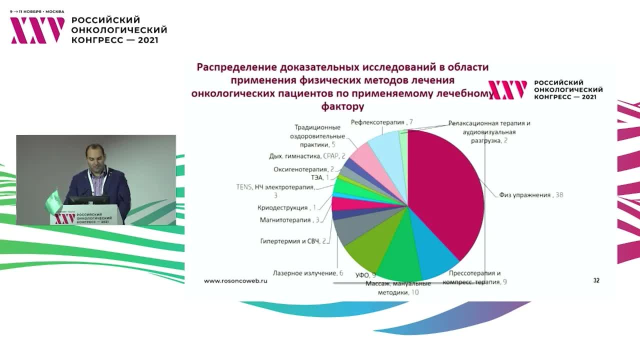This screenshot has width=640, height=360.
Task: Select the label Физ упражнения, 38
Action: [x=530, y=195]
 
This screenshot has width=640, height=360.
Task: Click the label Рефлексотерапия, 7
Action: [x=381, y=122]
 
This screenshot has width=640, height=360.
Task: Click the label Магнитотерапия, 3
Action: [x=289, y=219]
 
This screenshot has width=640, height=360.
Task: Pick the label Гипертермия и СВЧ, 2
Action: [x=293, y=241]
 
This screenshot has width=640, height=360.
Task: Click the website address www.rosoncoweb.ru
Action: [x=235, y=281]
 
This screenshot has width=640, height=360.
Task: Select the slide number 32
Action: [x=596, y=280]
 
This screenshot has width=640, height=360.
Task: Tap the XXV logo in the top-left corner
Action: [x=37, y=30]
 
